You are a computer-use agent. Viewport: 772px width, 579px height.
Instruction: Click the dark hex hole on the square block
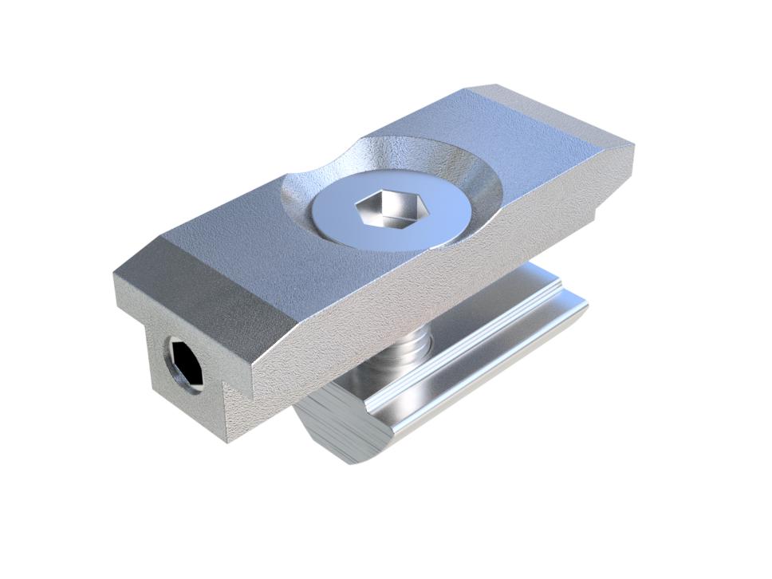pos(184,362)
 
